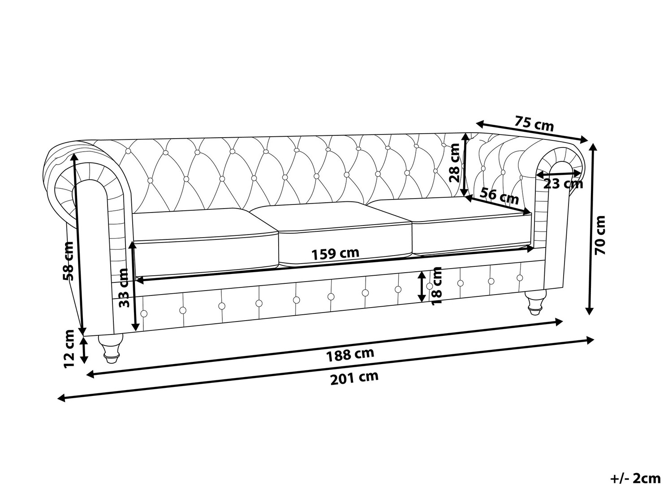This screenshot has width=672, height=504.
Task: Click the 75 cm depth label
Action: (x=534, y=123)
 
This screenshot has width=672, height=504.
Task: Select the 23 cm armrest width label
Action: (x=563, y=184)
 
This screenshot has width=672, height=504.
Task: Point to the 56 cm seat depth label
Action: (x=499, y=196)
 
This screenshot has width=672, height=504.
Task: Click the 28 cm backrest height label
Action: (x=454, y=163)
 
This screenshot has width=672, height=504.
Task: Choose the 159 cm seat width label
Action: (x=335, y=254)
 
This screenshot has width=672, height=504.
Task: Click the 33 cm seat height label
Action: (x=123, y=288)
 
